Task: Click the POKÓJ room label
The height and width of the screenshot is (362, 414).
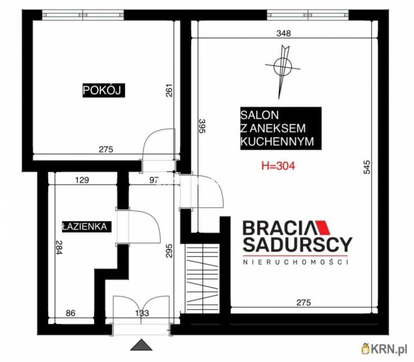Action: point(103,90)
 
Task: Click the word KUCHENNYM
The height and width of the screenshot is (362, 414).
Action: point(277,142)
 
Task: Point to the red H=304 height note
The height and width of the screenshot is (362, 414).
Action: point(278,166)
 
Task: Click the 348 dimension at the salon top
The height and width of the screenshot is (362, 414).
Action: point(284,33)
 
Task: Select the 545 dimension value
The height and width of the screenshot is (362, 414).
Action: point(367,167)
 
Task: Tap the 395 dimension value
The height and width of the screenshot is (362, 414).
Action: point(202,126)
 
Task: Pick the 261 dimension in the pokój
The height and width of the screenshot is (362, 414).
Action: point(170,90)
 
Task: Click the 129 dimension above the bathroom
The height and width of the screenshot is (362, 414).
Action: point(82,180)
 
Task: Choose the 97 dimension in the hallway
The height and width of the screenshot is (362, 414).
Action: point(154,180)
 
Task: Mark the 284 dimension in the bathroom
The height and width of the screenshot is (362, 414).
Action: point(59,247)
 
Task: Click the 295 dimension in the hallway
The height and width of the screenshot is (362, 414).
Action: point(170,250)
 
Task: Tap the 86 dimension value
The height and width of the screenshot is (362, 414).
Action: point(70,313)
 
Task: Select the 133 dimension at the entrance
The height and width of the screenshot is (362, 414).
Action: point(142,313)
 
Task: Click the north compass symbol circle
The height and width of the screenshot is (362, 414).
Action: point(283,67)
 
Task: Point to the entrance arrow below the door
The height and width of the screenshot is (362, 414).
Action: point(141,345)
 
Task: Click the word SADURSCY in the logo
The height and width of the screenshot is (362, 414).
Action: point(298,245)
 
